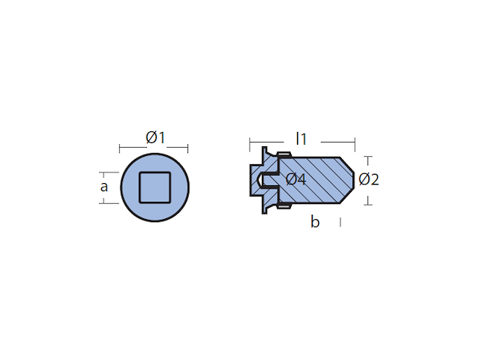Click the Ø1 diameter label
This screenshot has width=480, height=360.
pyautogui.click(x=155, y=137)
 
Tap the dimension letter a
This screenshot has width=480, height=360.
pyautogui.click(x=104, y=187)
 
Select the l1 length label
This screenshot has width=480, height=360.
pyautogui.click(x=301, y=139)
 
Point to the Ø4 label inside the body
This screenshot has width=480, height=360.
pyautogui.click(x=295, y=179)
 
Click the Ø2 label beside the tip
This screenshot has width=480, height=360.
pyautogui.click(x=369, y=179)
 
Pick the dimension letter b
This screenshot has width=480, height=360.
pyautogui.click(x=315, y=221)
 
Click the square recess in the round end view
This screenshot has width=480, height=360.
pyautogui.click(x=155, y=187)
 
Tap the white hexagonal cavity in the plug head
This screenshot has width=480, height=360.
pyautogui.click(x=259, y=180)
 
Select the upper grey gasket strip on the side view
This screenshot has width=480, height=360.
pyautogui.click(x=284, y=154)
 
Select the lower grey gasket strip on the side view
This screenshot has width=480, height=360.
pyautogui.click(x=284, y=207)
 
